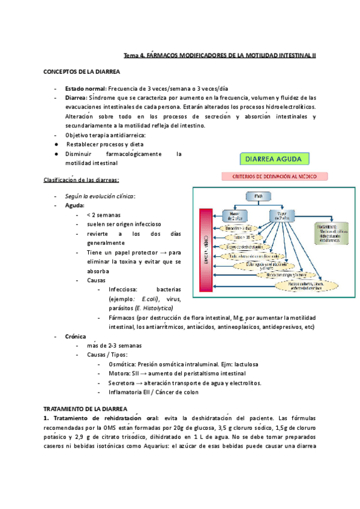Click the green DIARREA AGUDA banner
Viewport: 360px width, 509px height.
coord(275,159)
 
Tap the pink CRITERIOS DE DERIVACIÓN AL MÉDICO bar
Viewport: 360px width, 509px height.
coord(275,176)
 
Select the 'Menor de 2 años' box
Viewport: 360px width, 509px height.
coord(234,214)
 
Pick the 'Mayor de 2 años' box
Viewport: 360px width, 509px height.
coord(280,214)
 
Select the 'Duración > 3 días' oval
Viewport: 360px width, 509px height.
coord(236,229)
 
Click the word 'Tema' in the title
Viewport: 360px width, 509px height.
coord(130,56)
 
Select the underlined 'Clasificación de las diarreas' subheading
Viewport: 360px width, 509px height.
coord(82,180)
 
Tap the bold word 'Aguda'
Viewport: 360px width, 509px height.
coord(75,205)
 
